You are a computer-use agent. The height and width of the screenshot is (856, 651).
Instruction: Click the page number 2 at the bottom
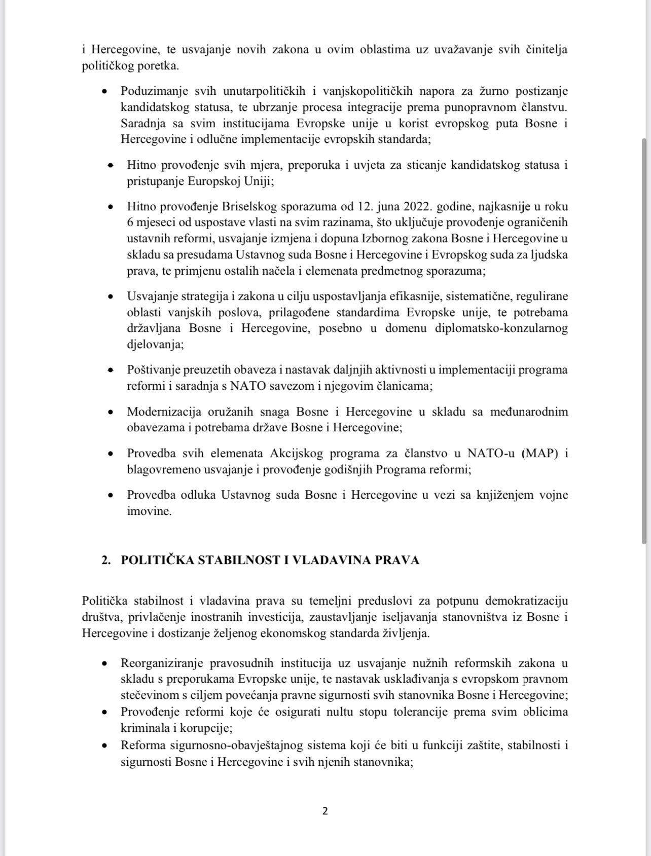pos(325,810)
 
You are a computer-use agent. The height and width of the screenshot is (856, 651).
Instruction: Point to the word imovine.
pos(149,511)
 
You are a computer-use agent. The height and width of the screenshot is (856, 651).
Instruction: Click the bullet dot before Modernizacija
pos(110,412)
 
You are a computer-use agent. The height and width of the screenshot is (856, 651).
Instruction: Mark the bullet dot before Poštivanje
pos(110,370)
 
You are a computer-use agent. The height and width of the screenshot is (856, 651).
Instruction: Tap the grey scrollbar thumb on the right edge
pos(645,340)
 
